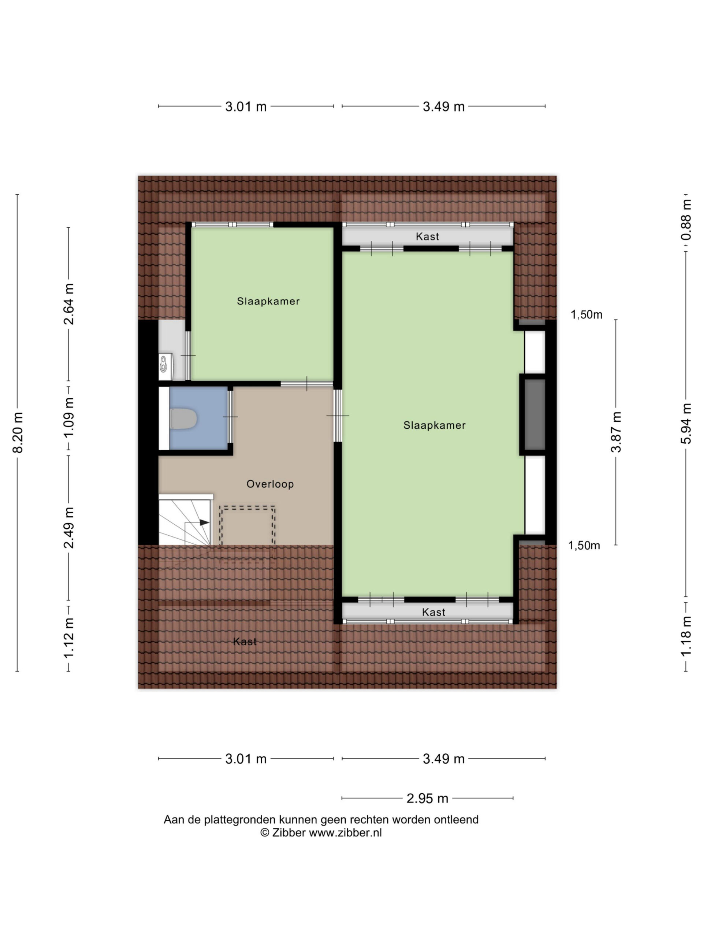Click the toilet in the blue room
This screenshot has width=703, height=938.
(x=183, y=418)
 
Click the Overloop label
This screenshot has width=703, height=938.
(x=270, y=484)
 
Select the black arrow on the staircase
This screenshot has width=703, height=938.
(x=204, y=522)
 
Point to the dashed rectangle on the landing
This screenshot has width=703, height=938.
(x=248, y=526)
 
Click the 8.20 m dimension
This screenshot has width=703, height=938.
(x=18, y=432)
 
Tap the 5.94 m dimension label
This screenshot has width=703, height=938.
(x=686, y=423)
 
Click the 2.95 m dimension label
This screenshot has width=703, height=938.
(x=427, y=798)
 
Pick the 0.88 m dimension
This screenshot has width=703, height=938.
(x=686, y=219)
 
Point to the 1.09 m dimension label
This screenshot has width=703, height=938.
(x=68, y=418)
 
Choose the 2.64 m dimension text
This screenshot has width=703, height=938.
(x=68, y=304)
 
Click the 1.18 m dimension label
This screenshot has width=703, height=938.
(x=686, y=636)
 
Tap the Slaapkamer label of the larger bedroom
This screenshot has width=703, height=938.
(x=434, y=425)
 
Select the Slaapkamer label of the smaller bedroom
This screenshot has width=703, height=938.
(x=268, y=301)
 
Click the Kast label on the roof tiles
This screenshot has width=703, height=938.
(x=245, y=642)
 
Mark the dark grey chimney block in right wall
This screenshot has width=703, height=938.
(x=535, y=414)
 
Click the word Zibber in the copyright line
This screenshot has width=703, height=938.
(x=289, y=832)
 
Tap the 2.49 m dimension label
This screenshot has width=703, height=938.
(x=68, y=528)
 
